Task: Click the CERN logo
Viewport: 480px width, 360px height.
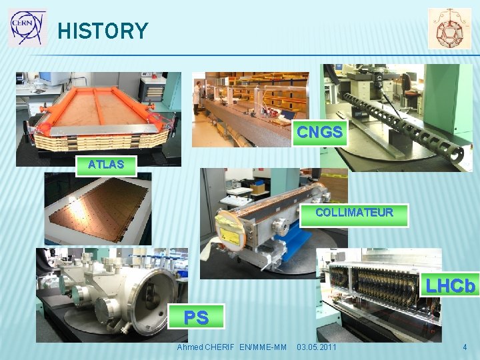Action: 28,27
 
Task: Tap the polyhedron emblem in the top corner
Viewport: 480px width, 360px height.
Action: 449,28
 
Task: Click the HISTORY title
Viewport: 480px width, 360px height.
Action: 103,31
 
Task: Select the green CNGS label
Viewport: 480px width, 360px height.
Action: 320,133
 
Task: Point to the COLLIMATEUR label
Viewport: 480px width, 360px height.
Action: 354,213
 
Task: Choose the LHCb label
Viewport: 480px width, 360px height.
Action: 451,286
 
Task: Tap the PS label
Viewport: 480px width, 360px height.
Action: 196,317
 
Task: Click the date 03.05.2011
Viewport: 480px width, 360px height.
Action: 317,347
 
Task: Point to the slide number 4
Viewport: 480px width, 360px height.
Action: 465,347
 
